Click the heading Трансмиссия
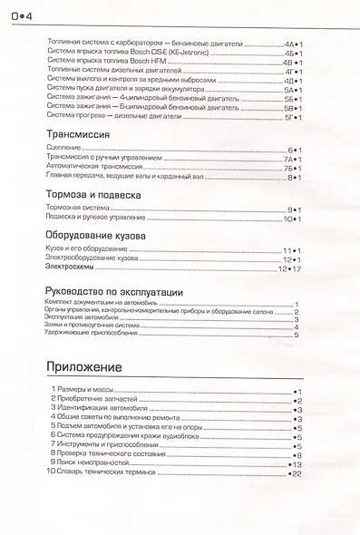pyautogui.click(x=78, y=133)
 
